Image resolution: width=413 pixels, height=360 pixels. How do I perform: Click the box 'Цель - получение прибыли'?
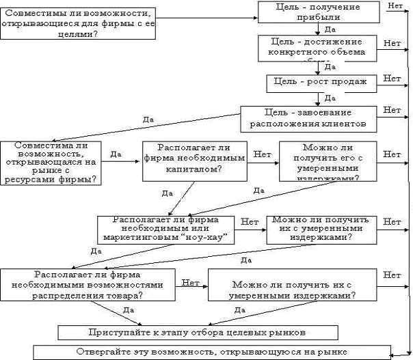click(x=319, y=12)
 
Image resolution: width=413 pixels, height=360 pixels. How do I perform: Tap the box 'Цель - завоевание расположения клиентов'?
click(x=307, y=117)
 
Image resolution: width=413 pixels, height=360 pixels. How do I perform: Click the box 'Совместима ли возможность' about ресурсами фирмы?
click(x=50, y=163)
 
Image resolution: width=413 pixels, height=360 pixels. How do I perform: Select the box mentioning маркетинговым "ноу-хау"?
click(x=167, y=229)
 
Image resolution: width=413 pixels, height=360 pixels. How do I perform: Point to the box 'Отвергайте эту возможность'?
click(x=211, y=352)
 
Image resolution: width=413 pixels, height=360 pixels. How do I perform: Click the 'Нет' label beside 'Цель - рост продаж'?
click(x=392, y=79)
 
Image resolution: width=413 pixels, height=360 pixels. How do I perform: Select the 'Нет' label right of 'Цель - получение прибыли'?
click(x=395, y=6)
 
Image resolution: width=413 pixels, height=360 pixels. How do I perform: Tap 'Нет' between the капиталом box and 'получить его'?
click(x=262, y=154)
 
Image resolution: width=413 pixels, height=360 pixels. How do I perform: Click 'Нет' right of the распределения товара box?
click(x=191, y=281)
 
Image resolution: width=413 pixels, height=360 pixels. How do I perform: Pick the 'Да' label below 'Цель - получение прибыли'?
click(x=330, y=30)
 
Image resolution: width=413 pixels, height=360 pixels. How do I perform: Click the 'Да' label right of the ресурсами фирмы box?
click(x=116, y=154)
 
